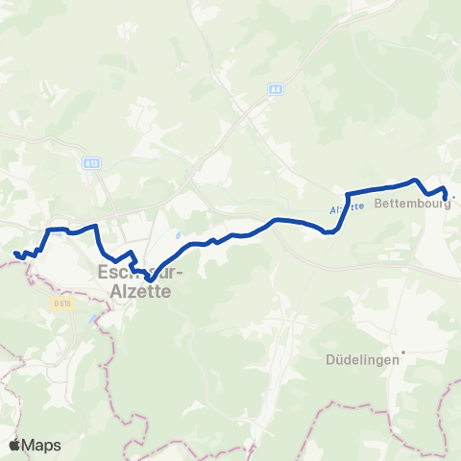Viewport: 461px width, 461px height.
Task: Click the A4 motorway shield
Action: [275, 89]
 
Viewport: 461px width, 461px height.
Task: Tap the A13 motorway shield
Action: [91, 164]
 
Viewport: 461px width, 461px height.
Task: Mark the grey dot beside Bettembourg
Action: [453, 200]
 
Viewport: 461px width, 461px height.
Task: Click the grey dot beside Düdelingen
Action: [405, 352]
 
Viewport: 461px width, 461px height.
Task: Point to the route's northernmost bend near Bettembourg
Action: [414, 180]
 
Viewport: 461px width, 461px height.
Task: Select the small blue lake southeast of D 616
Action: [93, 320]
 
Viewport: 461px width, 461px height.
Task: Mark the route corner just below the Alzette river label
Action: [329, 231]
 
